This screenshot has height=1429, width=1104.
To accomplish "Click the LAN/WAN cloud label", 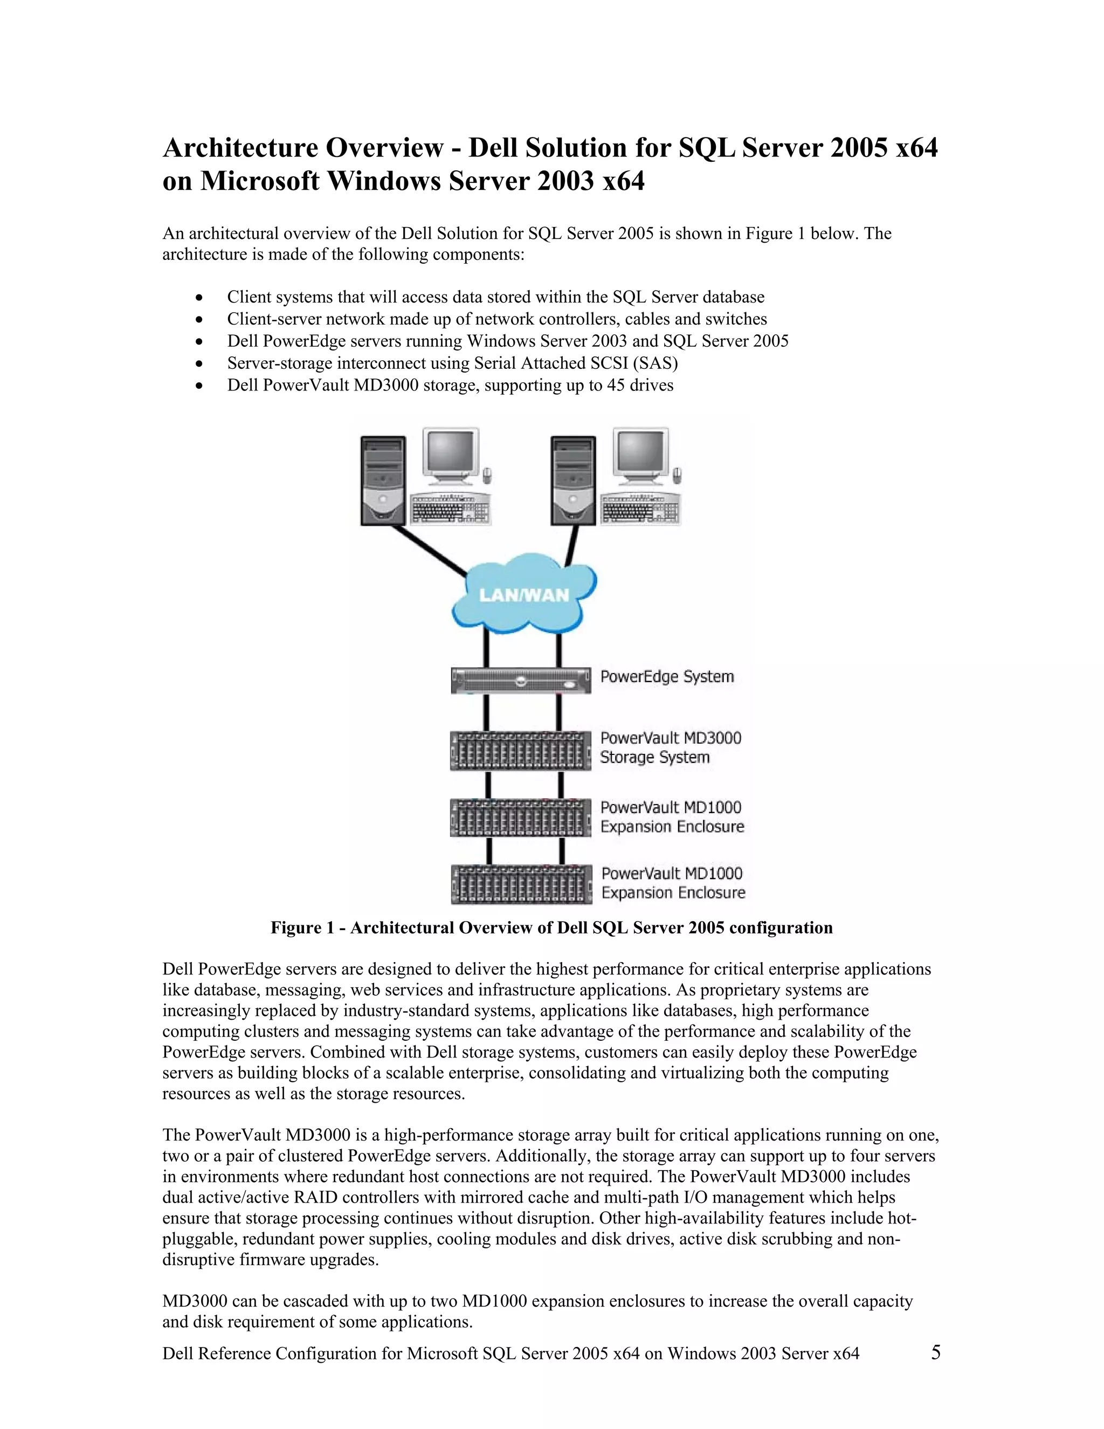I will tap(524, 595).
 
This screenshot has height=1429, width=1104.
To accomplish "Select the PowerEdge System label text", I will tap(666, 677).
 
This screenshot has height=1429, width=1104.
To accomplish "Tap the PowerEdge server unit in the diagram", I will tap(521, 681).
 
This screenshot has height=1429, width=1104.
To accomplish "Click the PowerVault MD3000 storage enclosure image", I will tap(521, 751).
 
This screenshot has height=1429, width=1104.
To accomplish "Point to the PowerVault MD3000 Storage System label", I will tap(671, 747).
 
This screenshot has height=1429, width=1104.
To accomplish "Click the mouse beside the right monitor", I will tap(678, 473).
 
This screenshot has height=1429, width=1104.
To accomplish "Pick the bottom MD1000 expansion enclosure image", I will tap(521, 884).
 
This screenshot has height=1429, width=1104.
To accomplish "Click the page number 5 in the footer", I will tap(935, 1352).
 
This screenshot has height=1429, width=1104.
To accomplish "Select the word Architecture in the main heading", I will tap(240, 148).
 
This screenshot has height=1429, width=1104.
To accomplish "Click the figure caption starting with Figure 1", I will tap(551, 928).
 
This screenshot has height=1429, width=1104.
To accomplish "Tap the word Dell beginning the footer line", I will tap(177, 1353).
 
